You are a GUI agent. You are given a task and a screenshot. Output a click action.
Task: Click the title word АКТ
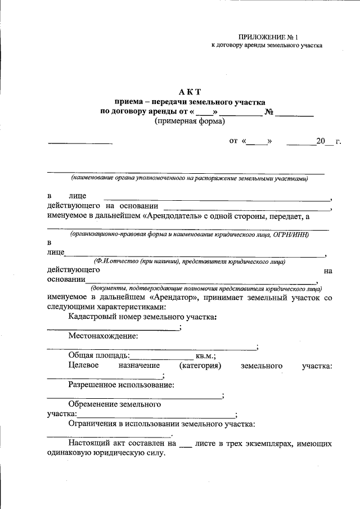(190, 92)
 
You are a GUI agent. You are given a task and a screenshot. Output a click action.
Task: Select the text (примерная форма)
(190, 121)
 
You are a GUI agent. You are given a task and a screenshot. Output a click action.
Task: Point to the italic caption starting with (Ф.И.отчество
(190, 262)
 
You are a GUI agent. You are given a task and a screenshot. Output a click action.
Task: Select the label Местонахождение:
(103, 336)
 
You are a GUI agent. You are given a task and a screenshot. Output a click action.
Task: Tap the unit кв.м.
(205, 356)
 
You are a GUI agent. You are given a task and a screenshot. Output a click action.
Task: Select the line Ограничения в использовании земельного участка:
(162, 424)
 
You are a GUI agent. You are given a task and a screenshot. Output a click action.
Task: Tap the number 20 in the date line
(321, 142)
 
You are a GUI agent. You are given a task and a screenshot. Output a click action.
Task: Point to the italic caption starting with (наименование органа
(189, 178)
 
